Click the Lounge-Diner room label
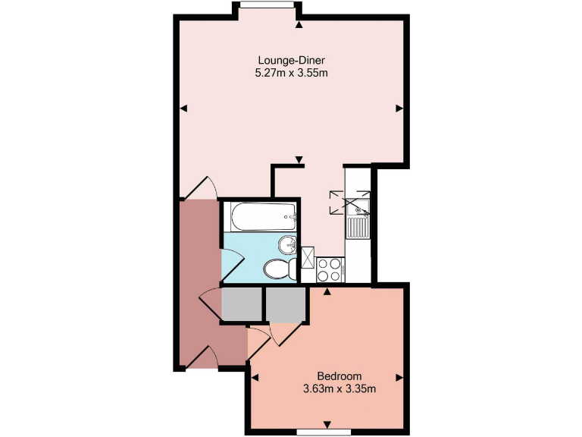tap(292, 61)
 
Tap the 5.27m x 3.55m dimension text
tap(292, 74)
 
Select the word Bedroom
tap(339, 376)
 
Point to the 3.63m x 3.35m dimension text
tap(339, 389)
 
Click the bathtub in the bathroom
tap(259, 216)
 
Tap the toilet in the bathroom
tap(277, 269)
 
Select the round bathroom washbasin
tap(287, 245)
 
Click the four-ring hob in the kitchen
tap(330, 268)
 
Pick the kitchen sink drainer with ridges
tap(357, 227)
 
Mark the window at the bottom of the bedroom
tap(327, 432)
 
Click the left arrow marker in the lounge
tap(183, 109)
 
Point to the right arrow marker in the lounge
tap(399, 109)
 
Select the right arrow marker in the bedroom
tap(399, 377)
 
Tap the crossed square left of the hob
tap(308, 258)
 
